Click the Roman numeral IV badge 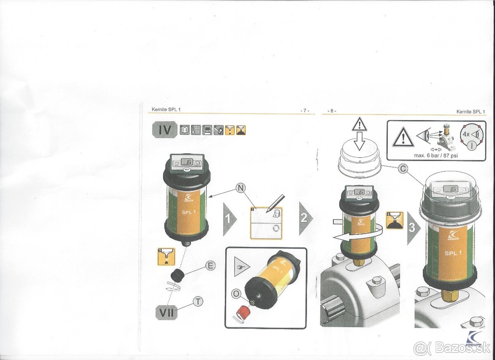click(x=165, y=130)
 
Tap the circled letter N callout click(x=240, y=187)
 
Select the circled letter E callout click(x=210, y=265)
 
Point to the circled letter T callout click(x=198, y=302)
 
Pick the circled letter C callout click(x=404, y=168)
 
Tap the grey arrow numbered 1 click(x=229, y=219)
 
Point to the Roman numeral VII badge click(x=167, y=312)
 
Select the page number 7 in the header click(x=304, y=111)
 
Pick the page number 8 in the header click(x=332, y=111)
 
